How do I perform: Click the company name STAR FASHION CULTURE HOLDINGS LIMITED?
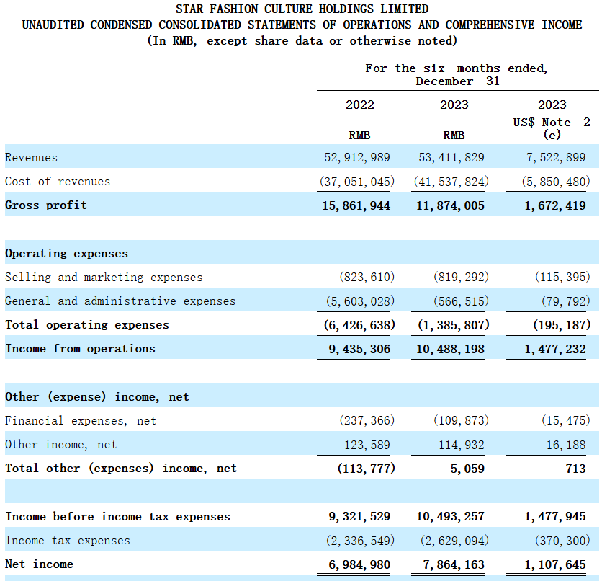click(302, 9)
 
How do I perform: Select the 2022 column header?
click(360, 105)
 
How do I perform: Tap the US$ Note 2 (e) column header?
click(552, 128)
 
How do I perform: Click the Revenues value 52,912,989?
click(357, 157)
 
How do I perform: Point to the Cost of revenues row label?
click(58, 182)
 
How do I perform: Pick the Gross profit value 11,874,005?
click(450, 205)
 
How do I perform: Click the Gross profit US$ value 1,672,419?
click(555, 205)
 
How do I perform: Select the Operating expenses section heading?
click(66, 254)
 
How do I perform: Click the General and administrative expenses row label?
click(120, 301)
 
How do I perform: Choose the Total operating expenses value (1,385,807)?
click(454, 325)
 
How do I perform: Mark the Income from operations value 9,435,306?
click(359, 349)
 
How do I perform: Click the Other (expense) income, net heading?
click(97, 397)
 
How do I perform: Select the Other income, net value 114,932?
click(462, 445)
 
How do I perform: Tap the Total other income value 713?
click(575, 469)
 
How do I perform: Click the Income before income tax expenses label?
click(118, 516)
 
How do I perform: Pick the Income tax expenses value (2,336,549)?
click(360, 541)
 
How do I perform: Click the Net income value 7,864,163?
click(454, 564)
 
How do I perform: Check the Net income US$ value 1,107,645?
click(555, 564)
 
